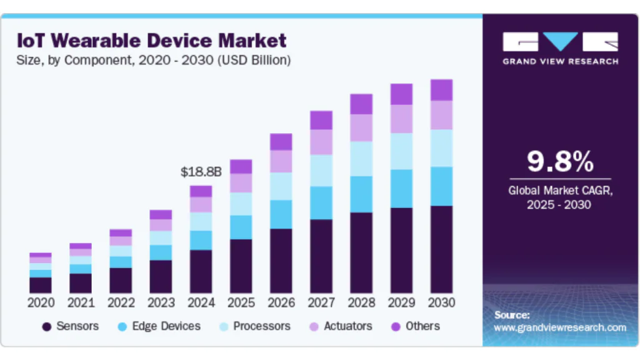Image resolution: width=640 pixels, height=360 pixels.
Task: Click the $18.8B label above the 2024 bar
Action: pos(201,172)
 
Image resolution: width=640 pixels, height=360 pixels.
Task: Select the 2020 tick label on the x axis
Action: pos(41,302)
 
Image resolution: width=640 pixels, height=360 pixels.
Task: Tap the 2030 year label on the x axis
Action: pos(441,302)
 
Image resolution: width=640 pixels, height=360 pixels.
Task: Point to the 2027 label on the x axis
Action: pos(321,302)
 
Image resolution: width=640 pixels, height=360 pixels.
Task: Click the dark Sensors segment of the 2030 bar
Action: pos(441,249)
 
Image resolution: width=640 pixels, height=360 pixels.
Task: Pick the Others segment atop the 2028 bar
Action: pos(361,104)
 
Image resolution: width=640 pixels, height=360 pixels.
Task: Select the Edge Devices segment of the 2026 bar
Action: pos(281,214)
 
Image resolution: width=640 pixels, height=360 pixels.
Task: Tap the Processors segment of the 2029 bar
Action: pos(401,151)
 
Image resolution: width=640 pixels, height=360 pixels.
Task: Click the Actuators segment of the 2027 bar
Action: pos(321,142)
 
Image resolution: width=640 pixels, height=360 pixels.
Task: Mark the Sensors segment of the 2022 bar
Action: pos(121,281)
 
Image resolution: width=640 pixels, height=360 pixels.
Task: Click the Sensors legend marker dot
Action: pos(47,326)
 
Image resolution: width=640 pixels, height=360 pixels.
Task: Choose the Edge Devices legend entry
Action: pos(159,326)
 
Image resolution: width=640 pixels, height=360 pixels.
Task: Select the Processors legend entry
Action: pos(255,326)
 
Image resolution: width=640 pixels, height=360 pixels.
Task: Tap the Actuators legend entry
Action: pos(341,326)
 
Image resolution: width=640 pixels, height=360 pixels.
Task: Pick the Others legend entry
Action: pos(416,326)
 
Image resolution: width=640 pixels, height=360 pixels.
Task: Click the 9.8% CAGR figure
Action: pos(560,162)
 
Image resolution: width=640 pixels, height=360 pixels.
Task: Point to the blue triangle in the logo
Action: pos(561,41)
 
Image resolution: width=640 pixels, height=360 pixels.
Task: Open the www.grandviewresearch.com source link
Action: pos(559,327)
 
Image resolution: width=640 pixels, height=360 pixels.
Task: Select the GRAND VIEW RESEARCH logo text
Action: pos(561,62)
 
